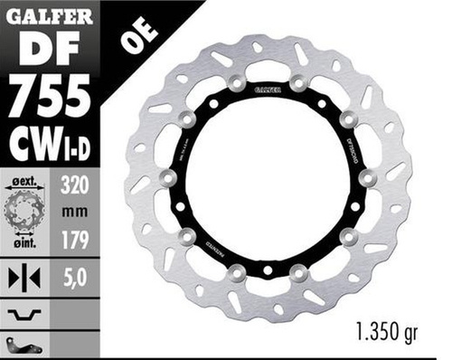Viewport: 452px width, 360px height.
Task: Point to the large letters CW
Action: (32, 141)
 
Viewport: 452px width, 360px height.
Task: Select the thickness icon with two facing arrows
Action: (25, 279)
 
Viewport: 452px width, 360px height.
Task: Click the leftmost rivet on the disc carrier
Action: (168, 178)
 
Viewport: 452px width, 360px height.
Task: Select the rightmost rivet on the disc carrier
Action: (367, 178)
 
